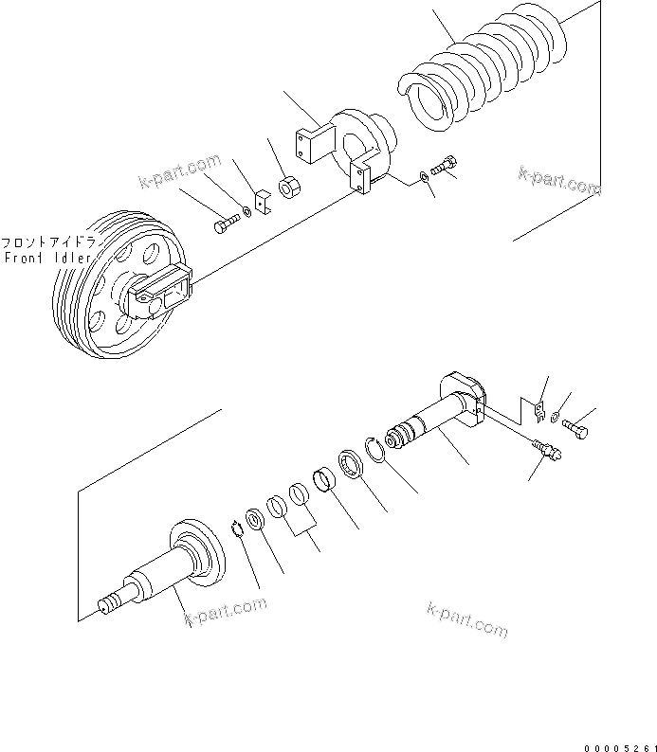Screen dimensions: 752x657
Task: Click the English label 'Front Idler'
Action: point(47,258)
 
